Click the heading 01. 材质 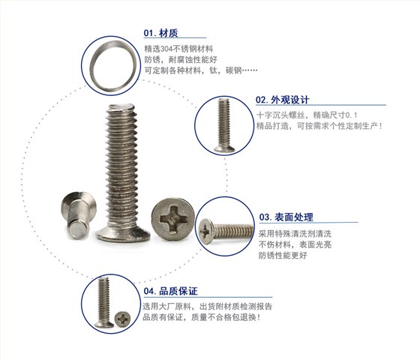pyautogui.click(x=160, y=33)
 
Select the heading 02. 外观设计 pyautogui.click(x=282, y=100)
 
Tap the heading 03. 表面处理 pyautogui.click(x=286, y=217)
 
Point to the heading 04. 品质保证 pyautogui.click(x=171, y=291)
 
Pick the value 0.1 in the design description pyautogui.click(x=351, y=115)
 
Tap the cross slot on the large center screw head pyautogui.click(x=172, y=218)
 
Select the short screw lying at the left pyautogui.click(x=78, y=214)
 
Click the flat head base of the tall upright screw pyautogui.click(x=123, y=235)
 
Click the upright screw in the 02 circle pyautogui.click(x=224, y=125)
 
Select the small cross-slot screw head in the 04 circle pyautogui.click(x=123, y=319)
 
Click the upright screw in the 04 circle pyautogui.click(x=104, y=302)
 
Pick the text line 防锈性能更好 pyautogui.click(x=283, y=255)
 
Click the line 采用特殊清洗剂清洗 pyautogui.click(x=295, y=234)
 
